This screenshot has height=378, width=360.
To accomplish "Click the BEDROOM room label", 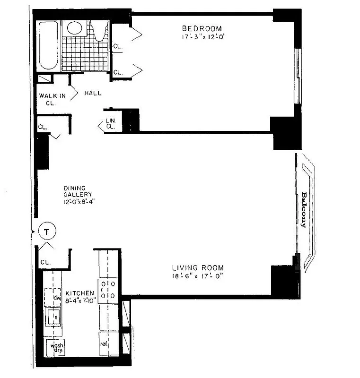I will (202, 28).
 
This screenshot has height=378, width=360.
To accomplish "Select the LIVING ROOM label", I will (198, 267).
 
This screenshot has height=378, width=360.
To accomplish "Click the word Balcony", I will (303, 209).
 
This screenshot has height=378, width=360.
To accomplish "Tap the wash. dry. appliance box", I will (57, 348).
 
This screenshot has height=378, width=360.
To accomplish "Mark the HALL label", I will (93, 93).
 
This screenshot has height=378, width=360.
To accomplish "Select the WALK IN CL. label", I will (53, 99).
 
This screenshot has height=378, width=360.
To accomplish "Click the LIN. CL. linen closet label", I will (111, 123).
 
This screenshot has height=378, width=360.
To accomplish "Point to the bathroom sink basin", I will (74, 27).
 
